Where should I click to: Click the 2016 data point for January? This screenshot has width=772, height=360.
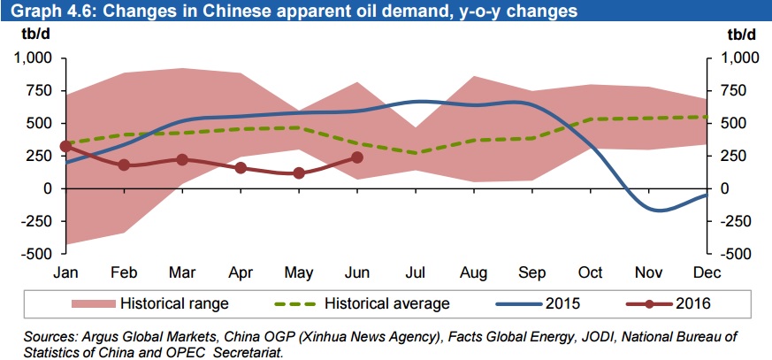(65, 146)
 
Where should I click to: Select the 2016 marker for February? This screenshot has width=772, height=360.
(124, 165)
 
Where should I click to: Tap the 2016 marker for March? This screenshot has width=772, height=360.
(182, 159)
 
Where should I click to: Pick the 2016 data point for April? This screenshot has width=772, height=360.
(241, 167)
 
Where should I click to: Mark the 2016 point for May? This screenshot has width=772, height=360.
(299, 173)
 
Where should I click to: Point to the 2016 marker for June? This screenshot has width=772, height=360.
(357, 157)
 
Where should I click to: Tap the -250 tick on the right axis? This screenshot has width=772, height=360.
(740, 220)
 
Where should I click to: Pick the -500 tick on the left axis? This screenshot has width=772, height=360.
(38, 253)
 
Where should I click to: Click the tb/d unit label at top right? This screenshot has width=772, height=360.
(741, 35)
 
